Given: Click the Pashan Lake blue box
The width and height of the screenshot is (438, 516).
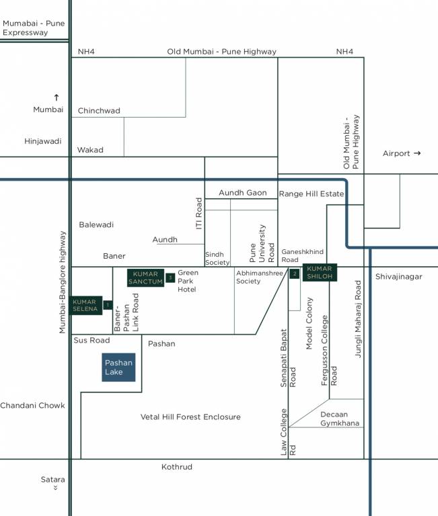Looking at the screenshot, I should (118, 367).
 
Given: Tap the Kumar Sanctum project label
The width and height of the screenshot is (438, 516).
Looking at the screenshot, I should (145, 277).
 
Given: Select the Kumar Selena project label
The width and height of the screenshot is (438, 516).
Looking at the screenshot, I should (85, 305).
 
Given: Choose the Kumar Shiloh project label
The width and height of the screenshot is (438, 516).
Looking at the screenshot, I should (319, 272).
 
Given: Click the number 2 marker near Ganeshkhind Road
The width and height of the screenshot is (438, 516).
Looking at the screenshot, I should (295, 273).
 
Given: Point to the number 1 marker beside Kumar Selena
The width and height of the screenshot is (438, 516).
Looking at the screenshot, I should (107, 305).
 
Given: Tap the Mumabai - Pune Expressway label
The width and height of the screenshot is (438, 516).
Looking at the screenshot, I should (34, 28).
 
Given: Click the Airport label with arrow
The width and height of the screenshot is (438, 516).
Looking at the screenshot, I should (402, 153).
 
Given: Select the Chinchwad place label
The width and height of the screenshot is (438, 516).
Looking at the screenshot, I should (99, 110).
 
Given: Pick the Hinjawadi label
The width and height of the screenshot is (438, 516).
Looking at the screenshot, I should (43, 141).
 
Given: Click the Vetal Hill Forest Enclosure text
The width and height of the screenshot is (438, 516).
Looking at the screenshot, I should (190, 417).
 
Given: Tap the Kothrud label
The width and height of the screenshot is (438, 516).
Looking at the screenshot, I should (177, 466).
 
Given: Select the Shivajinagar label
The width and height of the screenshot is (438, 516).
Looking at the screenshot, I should (399, 276).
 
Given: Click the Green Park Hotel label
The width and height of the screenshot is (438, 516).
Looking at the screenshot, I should (188, 281).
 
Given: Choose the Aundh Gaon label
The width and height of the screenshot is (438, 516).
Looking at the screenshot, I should (243, 193).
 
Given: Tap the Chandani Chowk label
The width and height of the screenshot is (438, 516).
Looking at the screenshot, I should (32, 405).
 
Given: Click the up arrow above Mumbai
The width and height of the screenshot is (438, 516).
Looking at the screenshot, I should (56, 97).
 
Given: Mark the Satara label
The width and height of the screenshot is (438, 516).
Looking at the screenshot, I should (52, 480).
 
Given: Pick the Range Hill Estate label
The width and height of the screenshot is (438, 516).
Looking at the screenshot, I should (311, 193).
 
